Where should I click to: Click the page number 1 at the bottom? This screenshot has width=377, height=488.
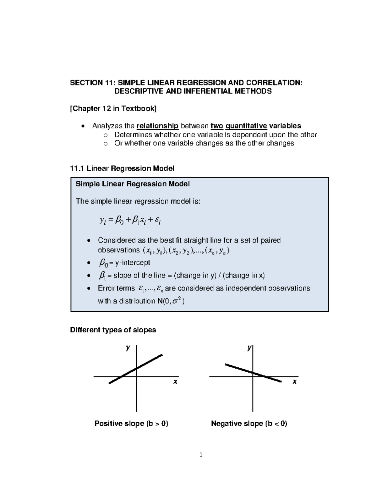[201, 455]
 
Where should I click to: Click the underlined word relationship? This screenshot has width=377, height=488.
[157, 126]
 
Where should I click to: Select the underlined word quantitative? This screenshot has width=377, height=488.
[246, 126]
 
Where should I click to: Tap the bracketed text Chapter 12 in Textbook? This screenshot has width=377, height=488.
[113, 109]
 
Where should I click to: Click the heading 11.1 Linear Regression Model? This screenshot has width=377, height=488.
[122, 168]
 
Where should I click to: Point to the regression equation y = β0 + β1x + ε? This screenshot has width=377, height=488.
[130, 221]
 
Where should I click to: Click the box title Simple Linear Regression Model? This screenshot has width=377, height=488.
[133, 184]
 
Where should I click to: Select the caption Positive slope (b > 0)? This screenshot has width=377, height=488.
[131, 424]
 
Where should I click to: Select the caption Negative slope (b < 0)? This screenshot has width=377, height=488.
[249, 424]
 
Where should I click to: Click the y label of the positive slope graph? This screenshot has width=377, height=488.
[128, 348]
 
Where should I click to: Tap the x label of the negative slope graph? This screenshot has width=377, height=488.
[294, 382]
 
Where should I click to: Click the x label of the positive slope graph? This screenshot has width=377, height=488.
[175, 382]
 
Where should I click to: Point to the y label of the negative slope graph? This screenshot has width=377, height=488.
[249, 348]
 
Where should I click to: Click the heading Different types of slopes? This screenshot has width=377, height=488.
[113, 330]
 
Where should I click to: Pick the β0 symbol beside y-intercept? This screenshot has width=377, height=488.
[103, 263]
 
